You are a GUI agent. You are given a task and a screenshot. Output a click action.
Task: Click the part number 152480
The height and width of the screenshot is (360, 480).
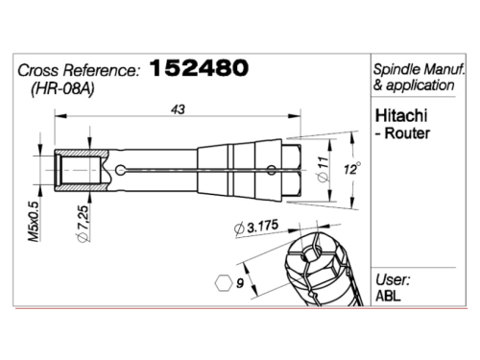[199, 68]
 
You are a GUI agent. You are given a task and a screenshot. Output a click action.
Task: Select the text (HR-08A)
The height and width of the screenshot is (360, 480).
[62, 88]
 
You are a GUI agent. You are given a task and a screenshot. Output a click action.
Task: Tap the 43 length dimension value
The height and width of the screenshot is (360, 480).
[178, 109]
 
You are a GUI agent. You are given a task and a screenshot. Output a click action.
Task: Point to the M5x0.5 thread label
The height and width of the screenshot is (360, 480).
[34, 222]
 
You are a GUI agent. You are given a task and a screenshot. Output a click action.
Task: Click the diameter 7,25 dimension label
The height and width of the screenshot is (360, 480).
[83, 224]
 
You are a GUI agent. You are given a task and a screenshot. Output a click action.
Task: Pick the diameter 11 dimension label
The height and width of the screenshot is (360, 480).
[324, 169]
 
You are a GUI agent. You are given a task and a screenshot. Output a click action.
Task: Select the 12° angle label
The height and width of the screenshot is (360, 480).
[352, 168]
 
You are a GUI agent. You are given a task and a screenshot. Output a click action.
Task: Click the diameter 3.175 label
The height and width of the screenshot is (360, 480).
[255, 228]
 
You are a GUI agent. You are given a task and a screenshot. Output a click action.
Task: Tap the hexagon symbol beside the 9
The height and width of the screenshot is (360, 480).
[224, 283]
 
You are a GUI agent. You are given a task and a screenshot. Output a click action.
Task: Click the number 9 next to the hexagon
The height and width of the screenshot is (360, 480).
[240, 283]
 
